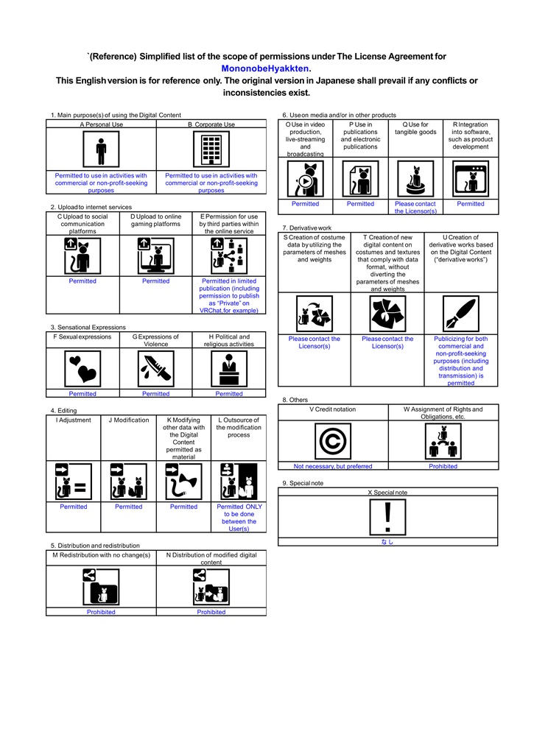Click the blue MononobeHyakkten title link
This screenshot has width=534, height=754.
tap(265, 68)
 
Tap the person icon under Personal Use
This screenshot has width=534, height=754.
tap(101, 149)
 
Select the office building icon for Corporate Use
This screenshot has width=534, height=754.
tap(211, 149)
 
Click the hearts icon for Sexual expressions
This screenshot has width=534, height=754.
tap(82, 369)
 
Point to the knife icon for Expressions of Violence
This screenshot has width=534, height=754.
tap(156, 369)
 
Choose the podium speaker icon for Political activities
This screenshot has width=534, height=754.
tap(229, 369)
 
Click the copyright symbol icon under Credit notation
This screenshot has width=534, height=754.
tap(333, 441)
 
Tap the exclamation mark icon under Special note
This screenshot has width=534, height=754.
tap(387, 517)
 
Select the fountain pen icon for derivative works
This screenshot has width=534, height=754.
tap(461, 314)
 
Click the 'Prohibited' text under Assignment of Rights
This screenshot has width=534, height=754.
tap(443, 466)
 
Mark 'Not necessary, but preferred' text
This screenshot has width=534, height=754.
tap(333, 466)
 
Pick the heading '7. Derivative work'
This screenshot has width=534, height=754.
tap(307, 228)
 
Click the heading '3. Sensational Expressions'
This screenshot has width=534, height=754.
tap(88, 328)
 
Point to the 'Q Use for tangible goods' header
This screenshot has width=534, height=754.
tap(415, 128)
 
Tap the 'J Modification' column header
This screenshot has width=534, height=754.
tap(128, 420)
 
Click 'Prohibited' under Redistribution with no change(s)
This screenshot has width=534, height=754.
tap(101, 612)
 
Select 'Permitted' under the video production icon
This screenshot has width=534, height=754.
tap(306, 204)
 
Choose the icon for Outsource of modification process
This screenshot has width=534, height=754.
tap(239, 482)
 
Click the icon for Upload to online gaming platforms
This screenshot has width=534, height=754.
tap(156, 256)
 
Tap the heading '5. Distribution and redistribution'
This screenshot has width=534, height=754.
tap(95, 546)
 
